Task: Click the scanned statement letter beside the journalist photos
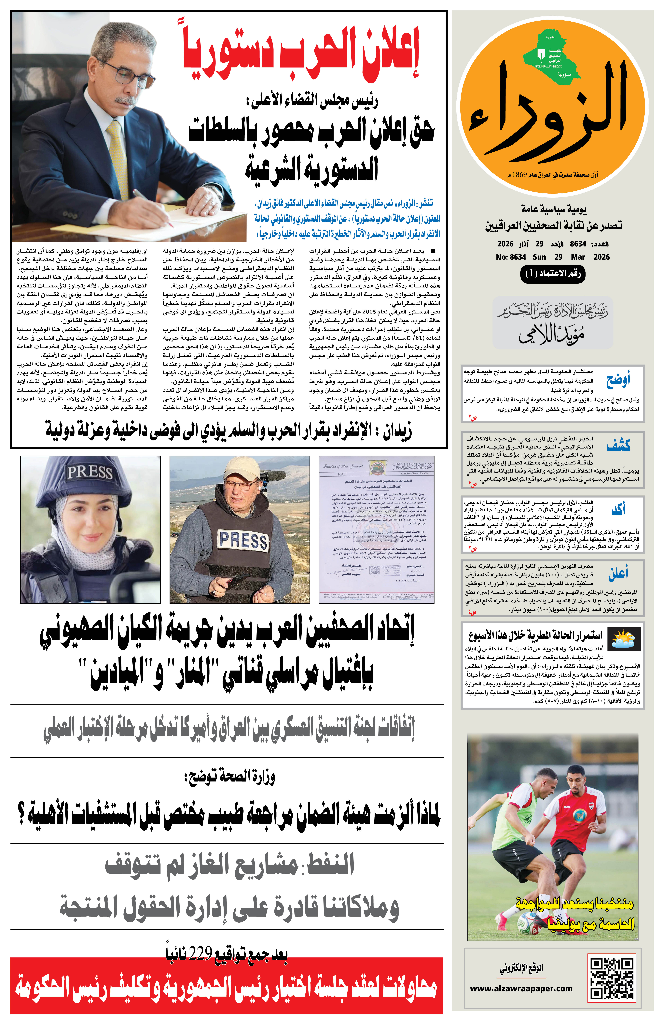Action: coord(376,529)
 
